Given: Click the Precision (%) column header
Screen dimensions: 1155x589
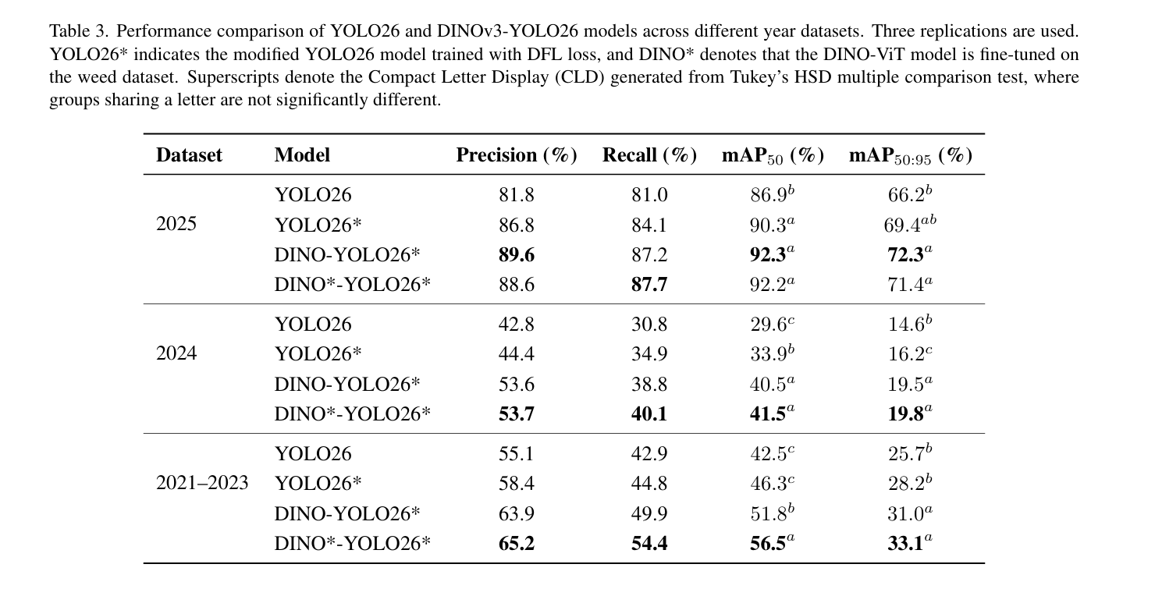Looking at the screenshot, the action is [x=516, y=155].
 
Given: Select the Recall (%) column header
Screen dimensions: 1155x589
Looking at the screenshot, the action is [x=649, y=155].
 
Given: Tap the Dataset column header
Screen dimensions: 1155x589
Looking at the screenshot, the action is [x=189, y=155].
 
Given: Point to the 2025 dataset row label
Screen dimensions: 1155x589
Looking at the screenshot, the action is [x=176, y=224].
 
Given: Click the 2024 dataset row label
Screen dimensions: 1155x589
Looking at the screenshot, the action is [x=176, y=353].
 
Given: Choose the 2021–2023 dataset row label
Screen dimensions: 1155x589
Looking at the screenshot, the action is [x=202, y=483].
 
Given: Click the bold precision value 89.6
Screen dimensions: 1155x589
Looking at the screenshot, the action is [x=516, y=255].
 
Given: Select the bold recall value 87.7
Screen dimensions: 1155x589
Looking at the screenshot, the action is [x=649, y=285].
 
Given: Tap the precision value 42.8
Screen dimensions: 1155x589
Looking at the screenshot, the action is [x=516, y=325].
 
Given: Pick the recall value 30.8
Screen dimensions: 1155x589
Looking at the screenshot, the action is [x=649, y=325].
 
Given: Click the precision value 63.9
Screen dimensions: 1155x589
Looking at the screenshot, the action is [x=516, y=514].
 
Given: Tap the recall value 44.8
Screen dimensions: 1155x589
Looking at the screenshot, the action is [x=649, y=484].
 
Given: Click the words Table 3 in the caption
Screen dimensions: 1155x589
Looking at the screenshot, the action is [x=78, y=31].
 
